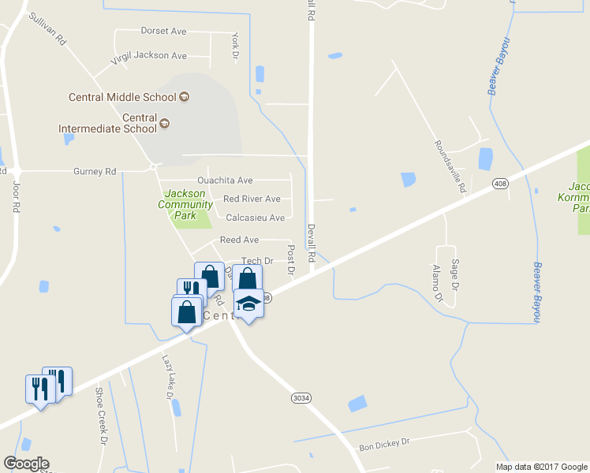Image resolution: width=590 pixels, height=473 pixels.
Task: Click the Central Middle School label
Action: [122, 98]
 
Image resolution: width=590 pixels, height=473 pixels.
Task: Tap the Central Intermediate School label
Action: [107, 123]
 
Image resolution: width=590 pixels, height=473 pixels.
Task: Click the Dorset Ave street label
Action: [163, 32]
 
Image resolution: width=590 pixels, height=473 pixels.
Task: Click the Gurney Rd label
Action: [94, 171]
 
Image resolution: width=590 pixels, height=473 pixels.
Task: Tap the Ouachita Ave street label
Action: [225, 181]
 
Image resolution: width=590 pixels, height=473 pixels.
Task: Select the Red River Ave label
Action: [252, 199]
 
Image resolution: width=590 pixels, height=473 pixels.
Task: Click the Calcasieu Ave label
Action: [255, 218]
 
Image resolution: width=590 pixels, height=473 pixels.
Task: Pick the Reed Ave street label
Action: [239, 240]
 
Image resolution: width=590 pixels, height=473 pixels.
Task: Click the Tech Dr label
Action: [256, 261]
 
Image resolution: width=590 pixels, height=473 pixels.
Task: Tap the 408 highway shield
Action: [499, 184]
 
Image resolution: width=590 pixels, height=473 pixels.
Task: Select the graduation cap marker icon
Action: [248, 304]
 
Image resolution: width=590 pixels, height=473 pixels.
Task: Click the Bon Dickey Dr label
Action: [385, 445]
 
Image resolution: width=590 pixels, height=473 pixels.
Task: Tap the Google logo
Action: [26, 464]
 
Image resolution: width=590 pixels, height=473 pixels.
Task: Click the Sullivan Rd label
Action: [47, 30]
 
